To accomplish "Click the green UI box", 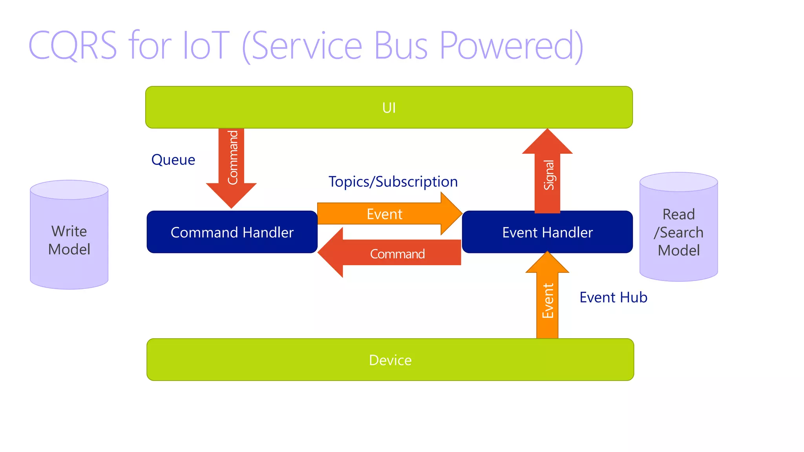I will point(389,108).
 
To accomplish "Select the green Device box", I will point(390,360).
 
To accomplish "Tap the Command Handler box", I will point(232,232).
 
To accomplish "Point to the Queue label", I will point(173,160).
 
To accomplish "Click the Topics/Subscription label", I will point(393,182).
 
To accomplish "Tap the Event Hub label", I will point(613,297).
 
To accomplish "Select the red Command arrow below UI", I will point(232,165).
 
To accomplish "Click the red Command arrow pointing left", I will point(393,253).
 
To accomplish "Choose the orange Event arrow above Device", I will point(547,300).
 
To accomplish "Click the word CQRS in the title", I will point(73,46).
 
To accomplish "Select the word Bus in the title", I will point(400,46).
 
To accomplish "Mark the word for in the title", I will point(150,46).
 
